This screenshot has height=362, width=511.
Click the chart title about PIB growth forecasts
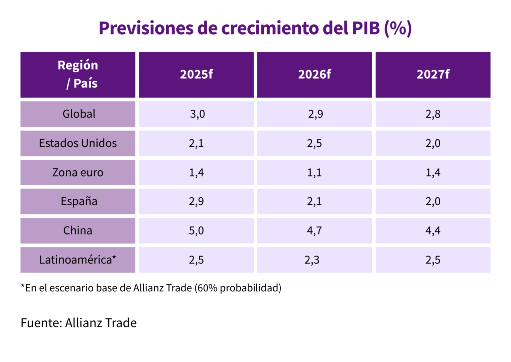pos(255,28)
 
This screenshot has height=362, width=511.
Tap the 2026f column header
pos(314,75)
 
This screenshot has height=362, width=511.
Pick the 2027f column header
pos(433,75)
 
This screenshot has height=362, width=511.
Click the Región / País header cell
pos(78,74)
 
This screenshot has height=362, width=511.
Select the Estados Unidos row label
pos(78,143)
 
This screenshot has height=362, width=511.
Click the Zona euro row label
pos(78,173)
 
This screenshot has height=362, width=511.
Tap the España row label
pos(78,201)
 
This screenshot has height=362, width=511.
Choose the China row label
pos(78,231)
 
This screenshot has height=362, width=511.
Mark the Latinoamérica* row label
pos(78,260)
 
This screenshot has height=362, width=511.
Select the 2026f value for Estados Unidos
pos(314,143)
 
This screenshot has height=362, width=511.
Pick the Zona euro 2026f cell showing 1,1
pos(314,173)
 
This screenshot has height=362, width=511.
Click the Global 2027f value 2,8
pos(433,114)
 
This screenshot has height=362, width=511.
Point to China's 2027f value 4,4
pos(433,231)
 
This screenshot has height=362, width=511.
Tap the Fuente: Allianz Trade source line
pos(78,323)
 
